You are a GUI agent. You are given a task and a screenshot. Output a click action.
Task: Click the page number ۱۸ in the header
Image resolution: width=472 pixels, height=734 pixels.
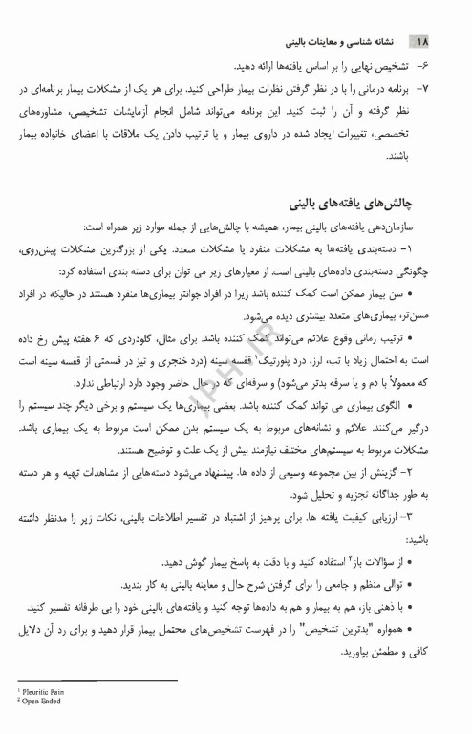tap(422, 44)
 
